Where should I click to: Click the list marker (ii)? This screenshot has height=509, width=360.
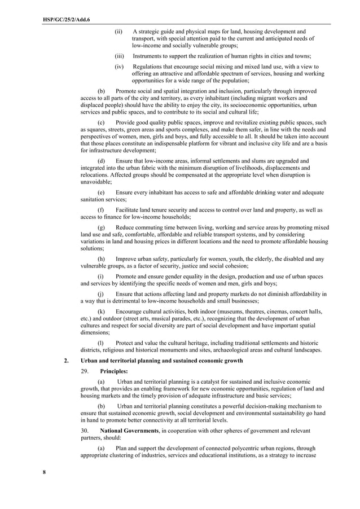[x=118, y=32]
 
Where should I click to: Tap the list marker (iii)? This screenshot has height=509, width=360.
[x=119, y=56]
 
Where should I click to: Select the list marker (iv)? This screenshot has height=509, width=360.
[x=119, y=67]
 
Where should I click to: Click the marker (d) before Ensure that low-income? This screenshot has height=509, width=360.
[x=101, y=161]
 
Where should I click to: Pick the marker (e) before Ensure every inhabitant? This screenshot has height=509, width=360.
[x=101, y=192]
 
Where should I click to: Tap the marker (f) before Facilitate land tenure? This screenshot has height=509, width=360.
[x=101, y=210]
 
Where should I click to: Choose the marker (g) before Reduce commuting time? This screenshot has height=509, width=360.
[x=101, y=227]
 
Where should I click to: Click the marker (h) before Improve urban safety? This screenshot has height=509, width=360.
[x=101, y=259]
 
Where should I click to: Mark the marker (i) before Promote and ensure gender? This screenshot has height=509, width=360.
[x=101, y=277]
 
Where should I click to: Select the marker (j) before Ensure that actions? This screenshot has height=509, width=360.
[x=101, y=294]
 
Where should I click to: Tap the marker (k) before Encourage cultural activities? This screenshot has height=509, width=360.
[x=101, y=311]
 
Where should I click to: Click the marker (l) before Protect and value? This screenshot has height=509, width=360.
[x=101, y=343]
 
